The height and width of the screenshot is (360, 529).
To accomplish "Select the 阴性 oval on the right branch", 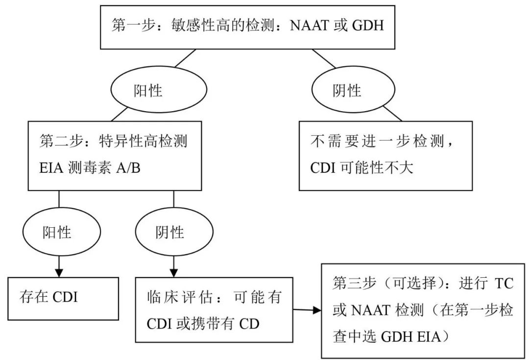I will point(347,91).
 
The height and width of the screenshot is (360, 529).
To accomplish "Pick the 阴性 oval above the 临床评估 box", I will point(170,232).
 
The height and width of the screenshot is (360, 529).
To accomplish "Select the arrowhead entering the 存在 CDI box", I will point(59,272).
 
